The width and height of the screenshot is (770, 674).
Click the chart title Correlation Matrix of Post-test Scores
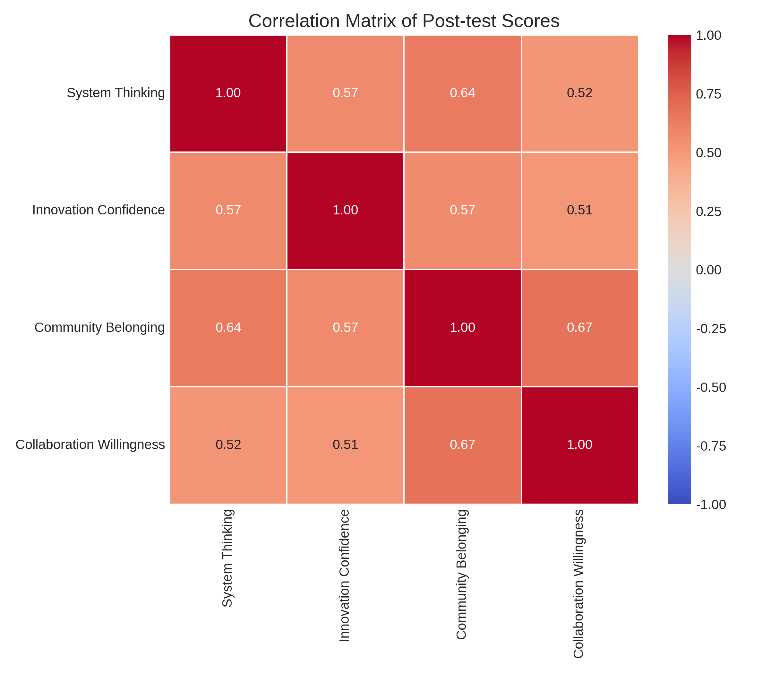pos(404,21)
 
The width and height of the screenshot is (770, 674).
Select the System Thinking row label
pos(116,93)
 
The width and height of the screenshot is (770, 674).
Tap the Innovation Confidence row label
pos(98,210)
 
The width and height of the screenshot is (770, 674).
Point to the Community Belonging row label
pos(100,328)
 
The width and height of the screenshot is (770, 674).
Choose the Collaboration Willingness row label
pos(90,445)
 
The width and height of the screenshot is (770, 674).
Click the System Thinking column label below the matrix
pos(227,558)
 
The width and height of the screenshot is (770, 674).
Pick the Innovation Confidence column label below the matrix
pos(345,575)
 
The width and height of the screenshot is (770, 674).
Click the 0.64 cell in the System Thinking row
pos(462,93)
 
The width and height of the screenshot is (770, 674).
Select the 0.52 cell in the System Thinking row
pos(579,93)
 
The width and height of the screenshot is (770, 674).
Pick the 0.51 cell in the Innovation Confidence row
pos(579,210)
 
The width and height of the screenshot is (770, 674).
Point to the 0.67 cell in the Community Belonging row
pos(579,328)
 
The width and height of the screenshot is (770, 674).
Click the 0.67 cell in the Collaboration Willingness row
pos(462,445)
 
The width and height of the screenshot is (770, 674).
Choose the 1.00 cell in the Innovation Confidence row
pos(345,210)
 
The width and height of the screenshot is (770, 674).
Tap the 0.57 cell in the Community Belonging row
pos(345,328)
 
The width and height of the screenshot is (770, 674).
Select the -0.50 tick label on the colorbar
pos(711,387)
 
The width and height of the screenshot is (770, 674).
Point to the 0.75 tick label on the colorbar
pos(709,94)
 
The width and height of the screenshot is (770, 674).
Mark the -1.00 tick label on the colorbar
pos(711,504)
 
